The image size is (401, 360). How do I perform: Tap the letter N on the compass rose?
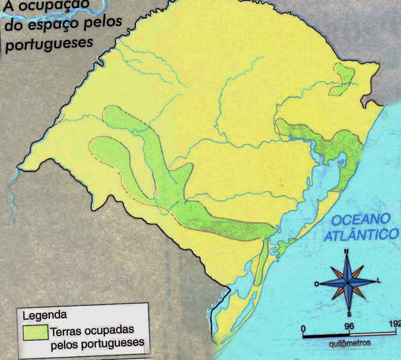point(346,252)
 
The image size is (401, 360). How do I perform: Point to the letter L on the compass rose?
point(378,281)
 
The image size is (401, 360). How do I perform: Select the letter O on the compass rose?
point(316,284)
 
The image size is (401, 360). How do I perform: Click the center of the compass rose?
point(347,282)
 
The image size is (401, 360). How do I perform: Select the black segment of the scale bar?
point(326,335)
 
